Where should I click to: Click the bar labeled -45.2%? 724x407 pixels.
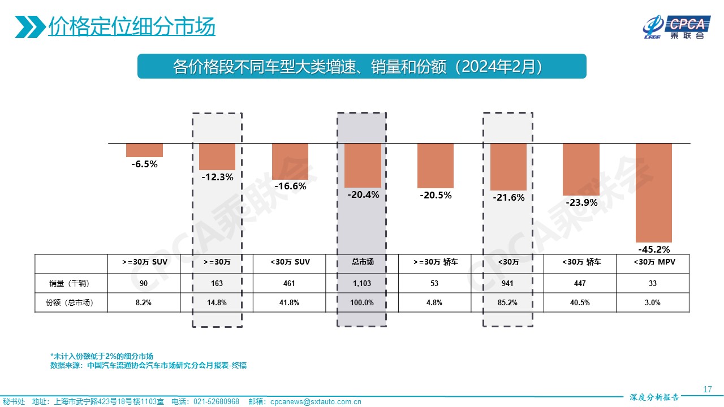[654, 193]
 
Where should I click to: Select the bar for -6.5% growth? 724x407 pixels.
[144, 150]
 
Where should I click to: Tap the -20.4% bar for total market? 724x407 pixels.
[363, 165]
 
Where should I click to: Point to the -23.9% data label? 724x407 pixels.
[581, 202]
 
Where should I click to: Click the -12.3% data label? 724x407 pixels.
[217, 177]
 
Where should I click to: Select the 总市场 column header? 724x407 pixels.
[363, 262]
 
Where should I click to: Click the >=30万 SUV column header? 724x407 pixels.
[144, 262]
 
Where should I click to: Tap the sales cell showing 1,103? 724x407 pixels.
[363, 283]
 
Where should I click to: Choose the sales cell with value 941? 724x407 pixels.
[508, 283]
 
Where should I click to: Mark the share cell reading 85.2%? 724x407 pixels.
[508, 302]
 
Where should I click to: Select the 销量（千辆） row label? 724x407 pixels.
[70, 283]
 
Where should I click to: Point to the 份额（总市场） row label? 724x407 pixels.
[70, 302]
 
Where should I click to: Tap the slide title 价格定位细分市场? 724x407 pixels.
[131, 27]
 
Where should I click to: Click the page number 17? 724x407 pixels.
[707, 389]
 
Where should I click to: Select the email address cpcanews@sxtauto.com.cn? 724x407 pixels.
[316, 402]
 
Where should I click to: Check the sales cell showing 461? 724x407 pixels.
[290, 283]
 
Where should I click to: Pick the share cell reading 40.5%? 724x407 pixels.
[580, 302]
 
